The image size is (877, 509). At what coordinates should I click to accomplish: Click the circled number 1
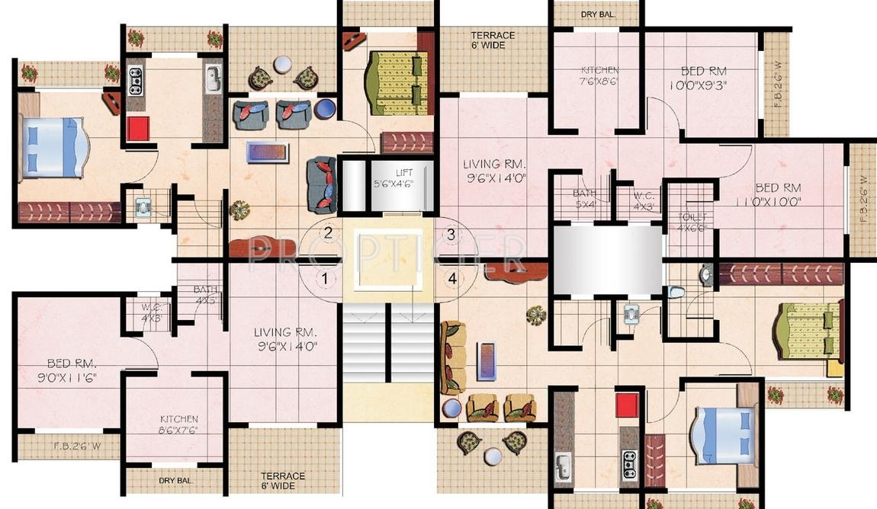pyautogui.click(x=325, y=278)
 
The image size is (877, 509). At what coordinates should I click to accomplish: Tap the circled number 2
pyautogui.click(x=327, y=233)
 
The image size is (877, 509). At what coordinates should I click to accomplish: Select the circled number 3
pyautogui.click(x=451, y=235)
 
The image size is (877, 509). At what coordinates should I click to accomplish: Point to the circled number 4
pyautogui.click(x=453, y=279)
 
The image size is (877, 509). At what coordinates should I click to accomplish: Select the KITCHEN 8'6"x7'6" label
pyautogui.click(x=178, y=424)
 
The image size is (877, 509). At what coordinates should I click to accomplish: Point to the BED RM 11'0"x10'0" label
pyautogui.click(x=777, y=194)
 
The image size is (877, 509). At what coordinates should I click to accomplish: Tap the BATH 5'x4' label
pyautogui.click(x=584, y=199)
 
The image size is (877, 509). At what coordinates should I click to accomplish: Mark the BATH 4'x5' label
pyautogui.click(x=205, y=295)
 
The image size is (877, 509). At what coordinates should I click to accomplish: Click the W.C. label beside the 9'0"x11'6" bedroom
pyautogui.click(x=150, y=313)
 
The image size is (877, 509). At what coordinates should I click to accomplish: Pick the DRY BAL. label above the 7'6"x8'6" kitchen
pyautogui.click(x=597, y=14)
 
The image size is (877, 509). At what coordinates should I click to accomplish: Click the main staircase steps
pyautogui.click(x=388, y=342)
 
